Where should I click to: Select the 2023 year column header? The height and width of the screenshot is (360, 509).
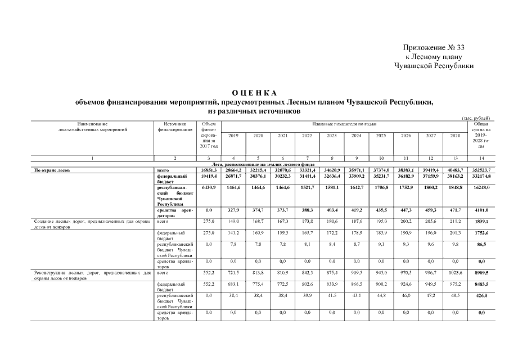pyautogui.click(x=332, y=136)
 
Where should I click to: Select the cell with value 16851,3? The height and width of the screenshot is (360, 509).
pyautogui.click(x=208, y=169)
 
